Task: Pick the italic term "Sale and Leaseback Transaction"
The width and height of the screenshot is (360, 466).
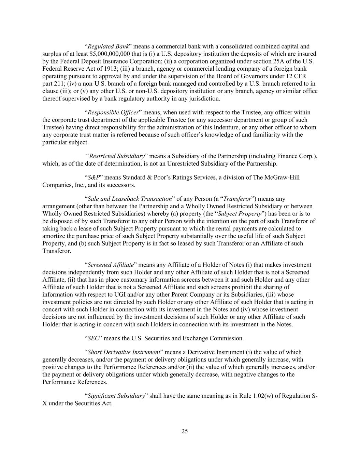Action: tap(129, 199)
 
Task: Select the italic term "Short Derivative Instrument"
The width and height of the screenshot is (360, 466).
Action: tap(124, 352)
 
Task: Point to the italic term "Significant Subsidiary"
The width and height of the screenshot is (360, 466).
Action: tap(116, 396)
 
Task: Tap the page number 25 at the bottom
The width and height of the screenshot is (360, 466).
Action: tap(185, 431)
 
